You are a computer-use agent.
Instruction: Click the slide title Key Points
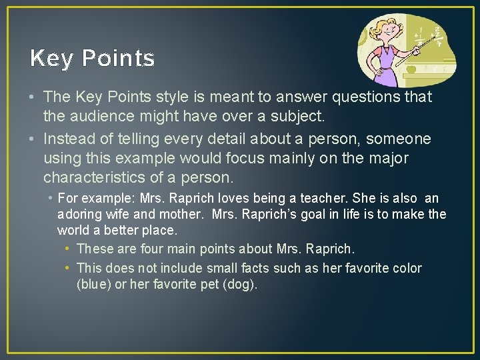point(92,59)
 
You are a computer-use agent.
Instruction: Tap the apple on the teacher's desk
point(411,69)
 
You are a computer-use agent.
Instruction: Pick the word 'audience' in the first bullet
point(110,117)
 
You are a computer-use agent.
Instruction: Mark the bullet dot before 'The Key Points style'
point(32,97)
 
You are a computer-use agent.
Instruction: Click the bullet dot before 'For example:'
point(50,199)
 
